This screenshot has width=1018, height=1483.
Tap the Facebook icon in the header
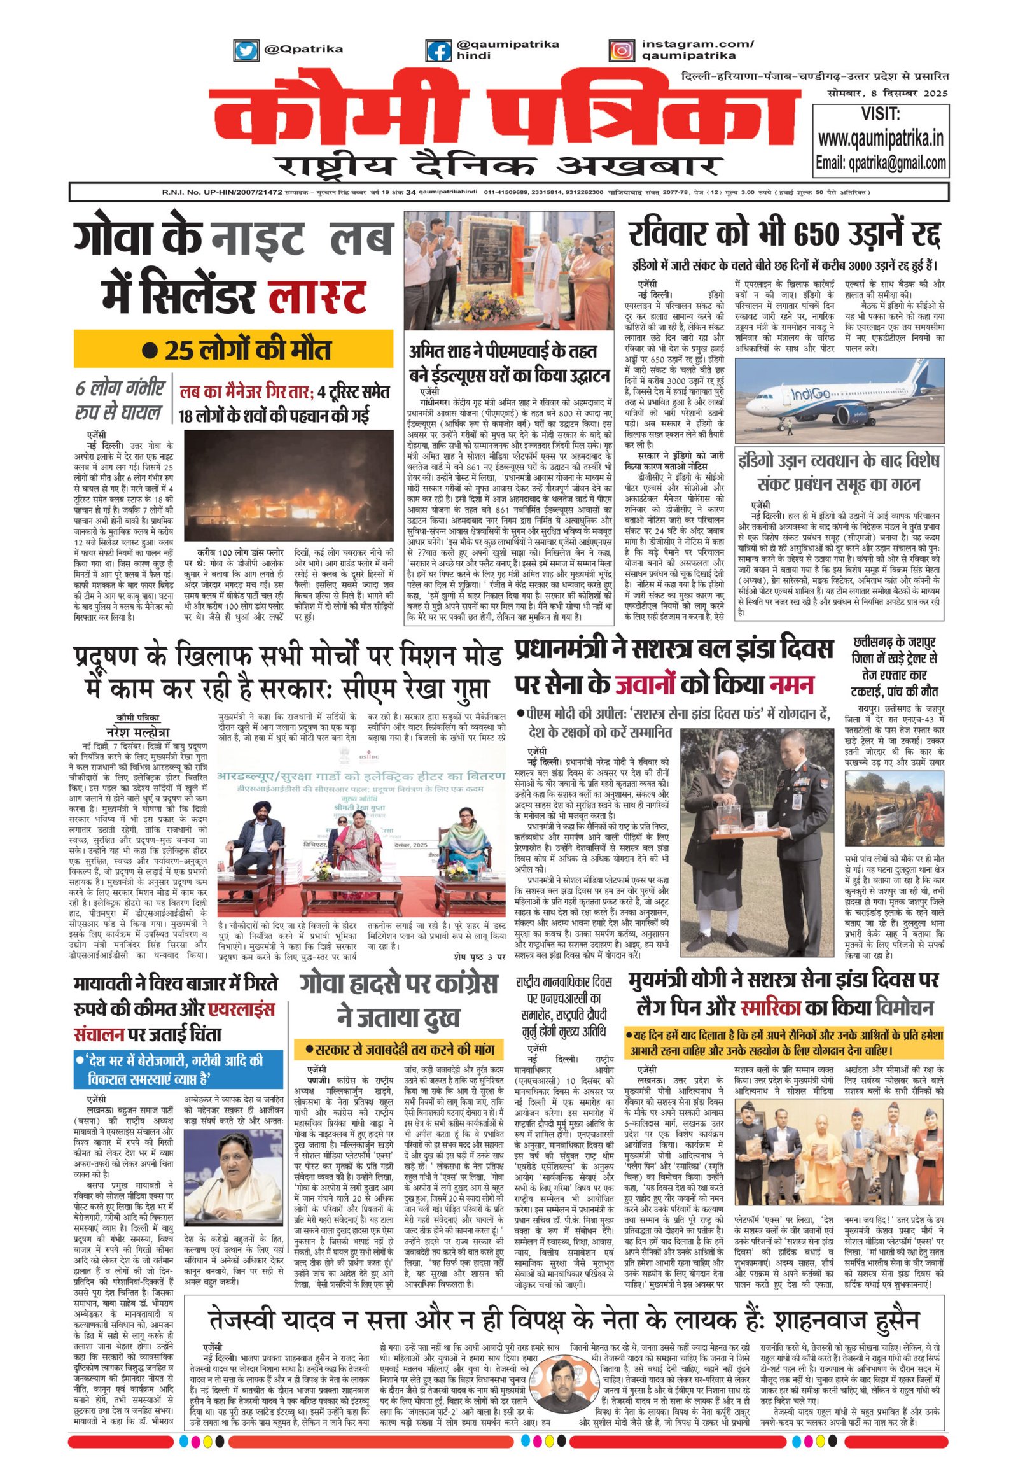coord(438,50)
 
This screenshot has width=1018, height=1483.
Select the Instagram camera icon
coord(621,50)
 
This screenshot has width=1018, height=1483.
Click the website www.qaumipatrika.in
coord(881,139)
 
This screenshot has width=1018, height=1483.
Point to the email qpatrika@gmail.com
coord(881,163)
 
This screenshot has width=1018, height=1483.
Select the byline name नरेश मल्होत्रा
coord(137,732)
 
